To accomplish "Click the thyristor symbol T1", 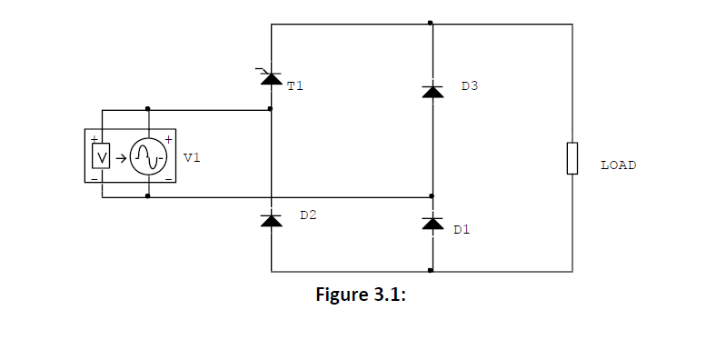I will [x=271, y=79].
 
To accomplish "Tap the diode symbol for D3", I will [x=432, y=91].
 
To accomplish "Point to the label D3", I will [x=469, y=86].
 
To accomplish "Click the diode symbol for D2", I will [x=271, y=220].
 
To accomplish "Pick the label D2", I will [x=309, y=216].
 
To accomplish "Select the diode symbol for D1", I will [x=432, y=223].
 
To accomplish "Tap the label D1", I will [x=462, y=230].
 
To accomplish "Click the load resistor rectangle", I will [x=572, y=157].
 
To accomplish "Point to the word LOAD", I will [x=618, y=165].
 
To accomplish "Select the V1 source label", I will [x=192, y=157].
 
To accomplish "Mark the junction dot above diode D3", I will [x=431, y=24].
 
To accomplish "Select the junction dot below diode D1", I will [x=431, y=271].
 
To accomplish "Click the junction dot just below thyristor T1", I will [x=271, y=109].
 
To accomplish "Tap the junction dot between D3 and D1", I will [x=431, y=195].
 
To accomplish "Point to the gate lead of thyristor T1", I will [x=262, y=69].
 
